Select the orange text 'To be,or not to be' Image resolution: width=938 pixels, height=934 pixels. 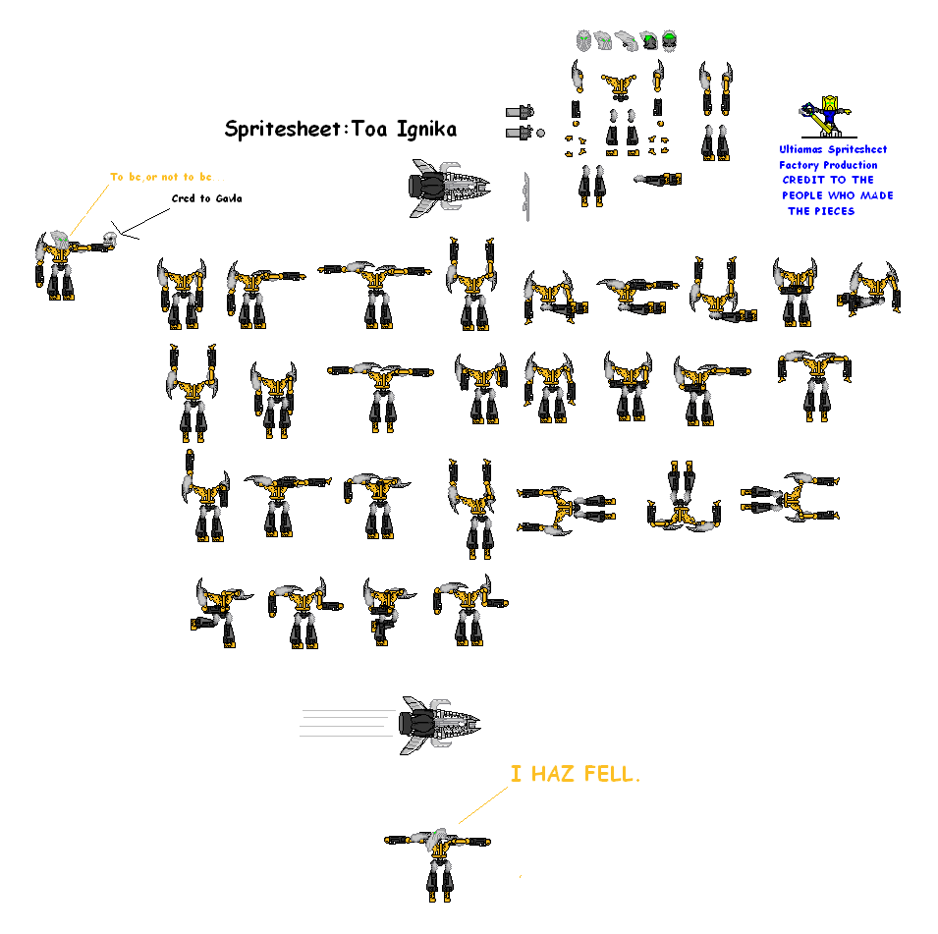pos(161,177)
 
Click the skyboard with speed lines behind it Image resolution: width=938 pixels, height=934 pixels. pos(438,724)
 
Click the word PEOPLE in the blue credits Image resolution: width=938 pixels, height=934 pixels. pos(808,195)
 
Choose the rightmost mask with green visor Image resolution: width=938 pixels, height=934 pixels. pos(669,40)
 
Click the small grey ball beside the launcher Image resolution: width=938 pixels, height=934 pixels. pos(540,133)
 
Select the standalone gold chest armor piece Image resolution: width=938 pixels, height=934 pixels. pos(619,87)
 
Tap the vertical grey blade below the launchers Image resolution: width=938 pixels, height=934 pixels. pos(526,195)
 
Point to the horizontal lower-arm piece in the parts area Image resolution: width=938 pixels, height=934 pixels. pos(657,180)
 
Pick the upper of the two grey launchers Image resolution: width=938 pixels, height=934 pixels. pos(521,112)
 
